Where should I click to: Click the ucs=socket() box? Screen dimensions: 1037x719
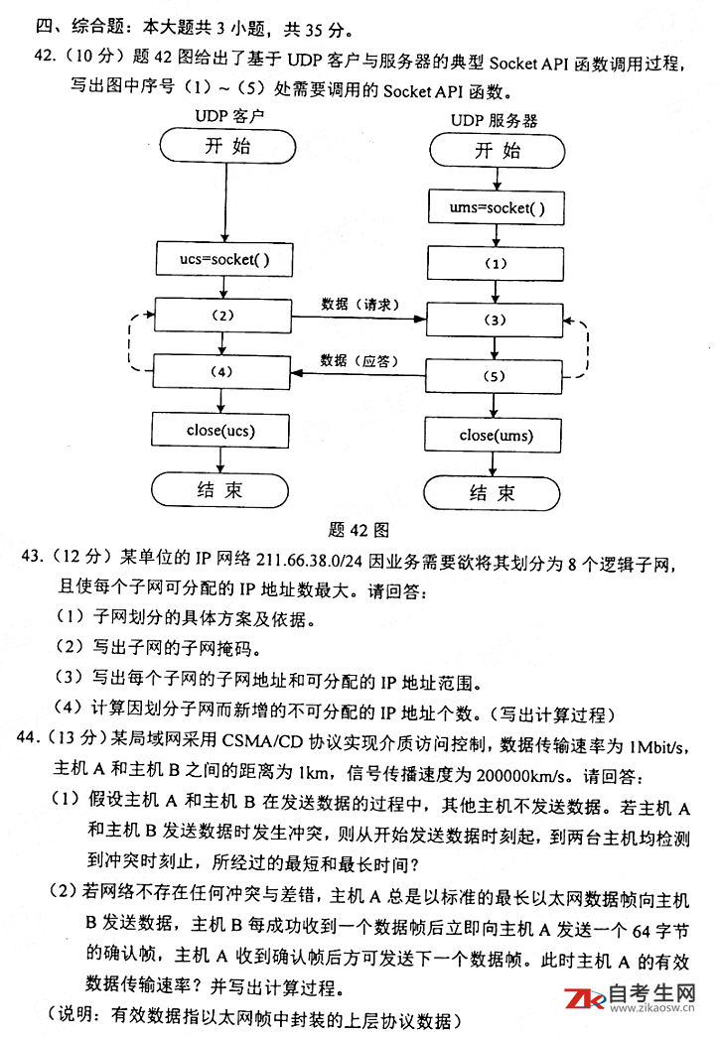[222, 261]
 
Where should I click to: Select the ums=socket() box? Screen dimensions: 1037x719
[497, 209]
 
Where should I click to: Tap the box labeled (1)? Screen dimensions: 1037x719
[496, 264]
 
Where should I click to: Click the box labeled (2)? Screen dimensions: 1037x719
[222, 316]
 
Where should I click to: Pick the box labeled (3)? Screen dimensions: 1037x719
[496, 321]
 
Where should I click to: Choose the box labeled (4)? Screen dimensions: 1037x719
[222, 371]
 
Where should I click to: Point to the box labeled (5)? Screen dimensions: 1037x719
[496, 377]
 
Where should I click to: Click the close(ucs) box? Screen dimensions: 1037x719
[222, 431]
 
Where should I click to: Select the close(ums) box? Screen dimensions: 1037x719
[496, 436]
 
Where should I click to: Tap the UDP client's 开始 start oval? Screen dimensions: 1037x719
[226, 147]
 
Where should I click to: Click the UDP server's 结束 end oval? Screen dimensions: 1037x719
[494, 493]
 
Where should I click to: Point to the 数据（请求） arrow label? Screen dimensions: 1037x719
[359, 303]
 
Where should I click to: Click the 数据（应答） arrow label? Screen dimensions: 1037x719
[359, 359]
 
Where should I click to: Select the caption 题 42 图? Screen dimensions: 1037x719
[358, 529]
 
